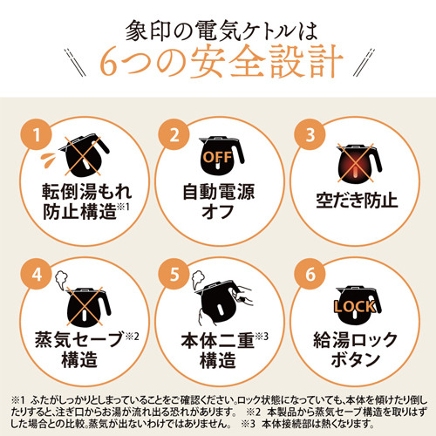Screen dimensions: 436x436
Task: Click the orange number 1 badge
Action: pos(36,134)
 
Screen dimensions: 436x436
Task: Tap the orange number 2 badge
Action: pos(174,134)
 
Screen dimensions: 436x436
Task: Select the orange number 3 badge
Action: pos(310,134)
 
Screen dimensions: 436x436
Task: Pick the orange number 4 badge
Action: pos(36,274)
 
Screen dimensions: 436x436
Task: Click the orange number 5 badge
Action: pos(174,274)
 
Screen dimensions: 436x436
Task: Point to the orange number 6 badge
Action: pos(310,274)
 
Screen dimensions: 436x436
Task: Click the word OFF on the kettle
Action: pos(218,157)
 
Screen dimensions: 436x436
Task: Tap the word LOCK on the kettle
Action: pos(355,307)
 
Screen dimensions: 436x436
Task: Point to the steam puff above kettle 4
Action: pos(62,279)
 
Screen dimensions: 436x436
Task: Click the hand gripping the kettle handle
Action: pos(243,295)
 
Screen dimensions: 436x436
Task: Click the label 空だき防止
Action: pos(357,201)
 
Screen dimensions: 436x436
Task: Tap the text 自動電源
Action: pos(219,192)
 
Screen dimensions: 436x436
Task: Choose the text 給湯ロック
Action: pos(355,340)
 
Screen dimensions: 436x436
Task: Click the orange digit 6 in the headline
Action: pos(109,63)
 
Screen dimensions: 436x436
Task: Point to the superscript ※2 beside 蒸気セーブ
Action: pos(132,337)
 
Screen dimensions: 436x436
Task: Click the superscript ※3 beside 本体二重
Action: pos(262,337)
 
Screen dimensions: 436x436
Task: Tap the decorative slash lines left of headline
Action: pos(75,63)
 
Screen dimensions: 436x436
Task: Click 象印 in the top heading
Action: pos(148,31)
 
